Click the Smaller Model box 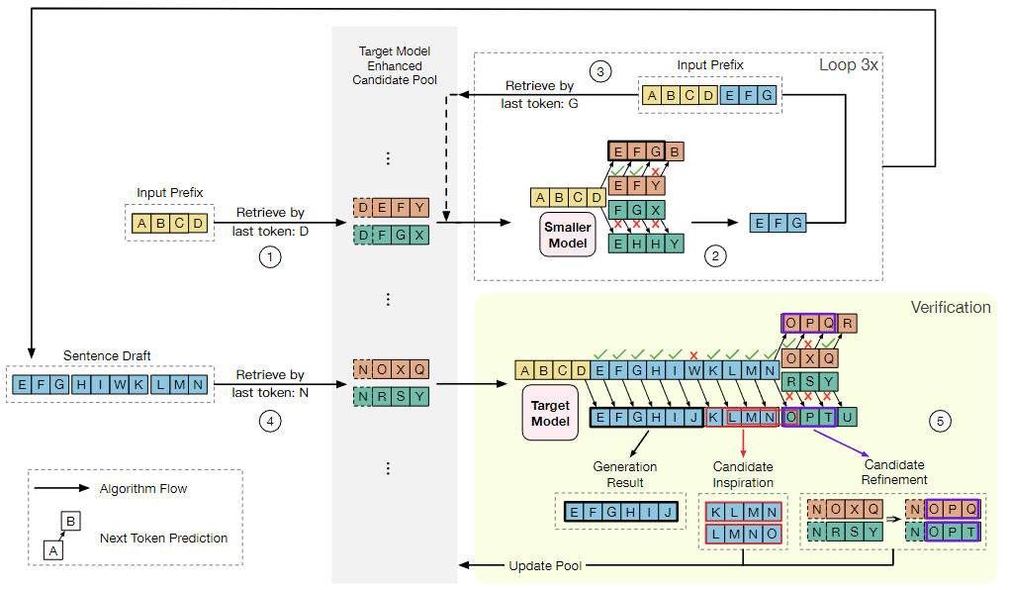[567, 234]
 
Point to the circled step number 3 [600, 71]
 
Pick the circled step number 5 [941, 421]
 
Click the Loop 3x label [849, 65]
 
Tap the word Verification [950, 307]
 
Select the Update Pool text [544, 566]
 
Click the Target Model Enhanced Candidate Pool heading [394, 65]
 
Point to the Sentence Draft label [108, 354]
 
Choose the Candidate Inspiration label [743, 474]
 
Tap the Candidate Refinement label [896, 471]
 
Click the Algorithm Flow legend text [143, 488]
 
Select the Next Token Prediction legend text [163, 539]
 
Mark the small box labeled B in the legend [70, 520]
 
